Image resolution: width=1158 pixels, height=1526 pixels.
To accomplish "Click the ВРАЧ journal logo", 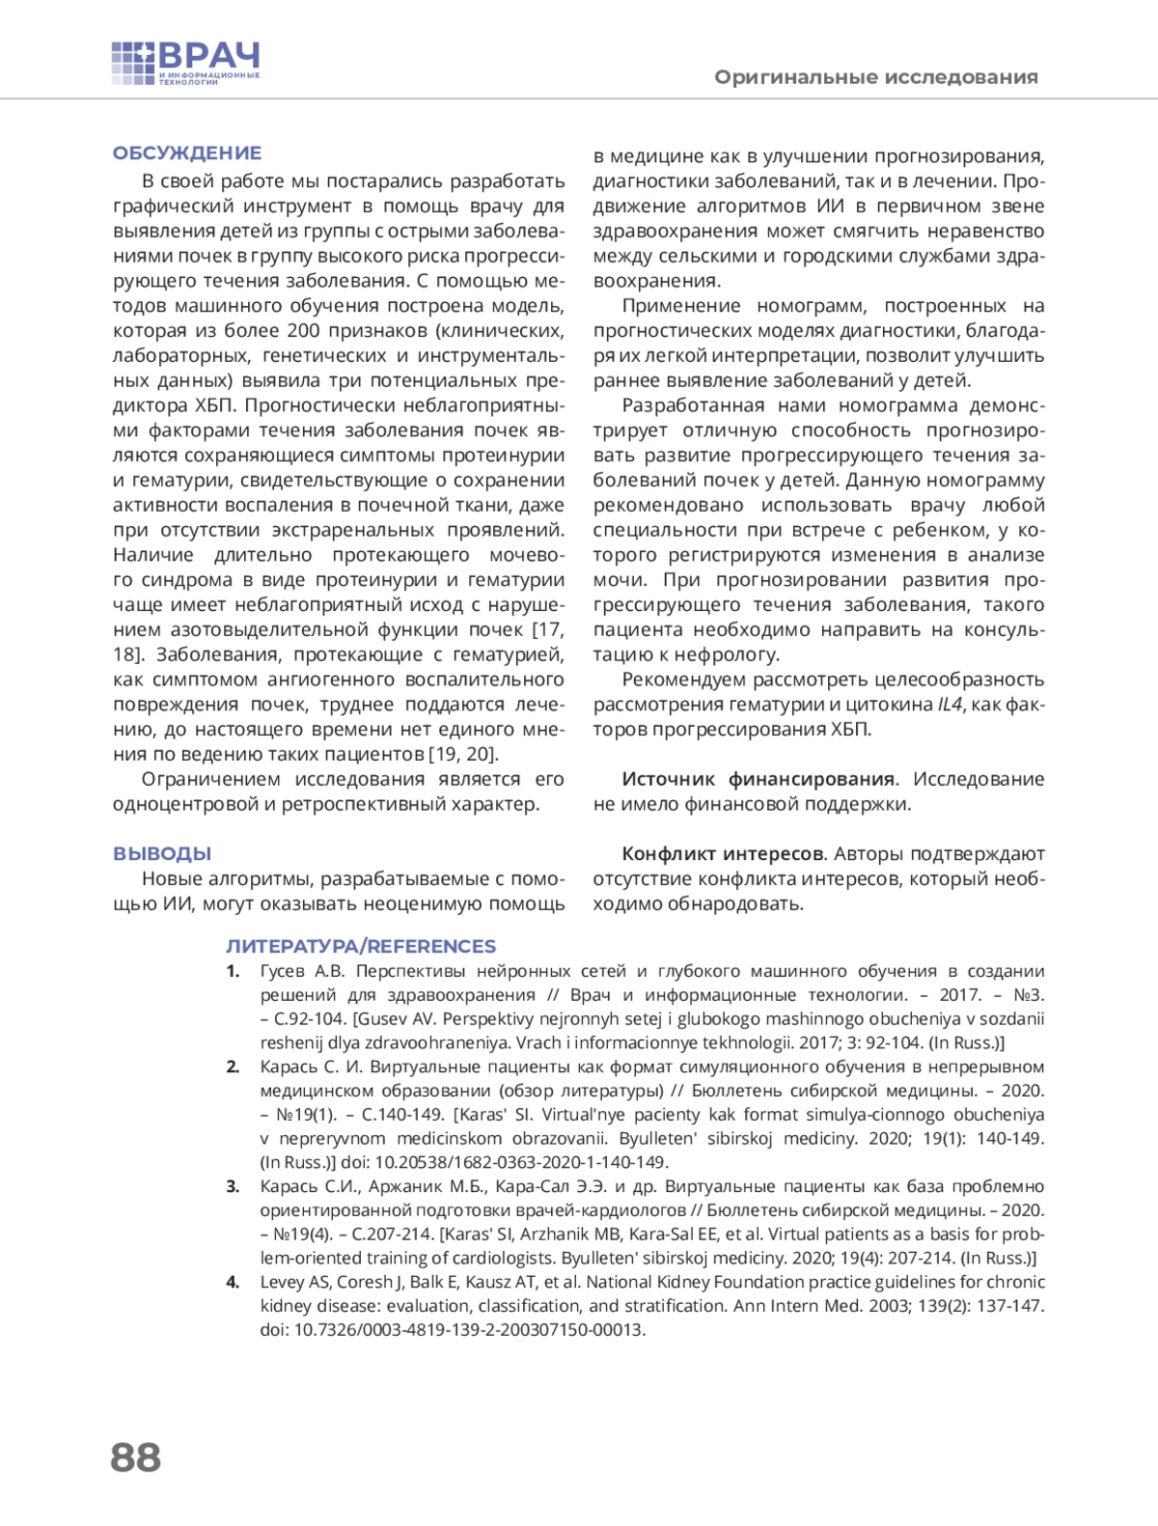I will [185, 64].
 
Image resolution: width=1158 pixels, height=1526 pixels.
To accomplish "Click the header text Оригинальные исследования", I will [875, 77].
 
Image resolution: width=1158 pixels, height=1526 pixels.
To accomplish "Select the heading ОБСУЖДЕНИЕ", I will [187, 153].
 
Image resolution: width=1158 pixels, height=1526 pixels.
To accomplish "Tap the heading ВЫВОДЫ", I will [162, 854].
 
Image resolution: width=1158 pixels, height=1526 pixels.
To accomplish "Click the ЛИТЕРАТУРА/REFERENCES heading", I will [361, 947].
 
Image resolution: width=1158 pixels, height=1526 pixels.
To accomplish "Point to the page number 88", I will [136, 1457].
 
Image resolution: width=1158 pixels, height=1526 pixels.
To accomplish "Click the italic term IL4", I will [951, 705].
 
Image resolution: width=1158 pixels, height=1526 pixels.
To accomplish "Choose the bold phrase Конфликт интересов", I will [724, 854].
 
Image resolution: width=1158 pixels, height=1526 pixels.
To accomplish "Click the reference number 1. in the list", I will [233, 972].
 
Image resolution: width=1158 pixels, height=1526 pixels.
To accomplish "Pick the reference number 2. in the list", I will [233, 1068].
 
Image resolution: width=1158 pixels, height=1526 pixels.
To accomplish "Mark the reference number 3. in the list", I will [233, 1187].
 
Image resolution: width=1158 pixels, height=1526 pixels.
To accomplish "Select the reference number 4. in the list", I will [233, 1283].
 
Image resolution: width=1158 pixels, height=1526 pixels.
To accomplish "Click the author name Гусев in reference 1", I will [283, 972].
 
